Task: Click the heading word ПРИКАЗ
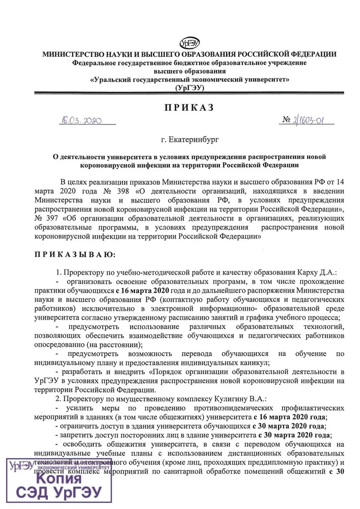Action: [x=189, y=107]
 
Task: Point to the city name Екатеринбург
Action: [x=194, y=140]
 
